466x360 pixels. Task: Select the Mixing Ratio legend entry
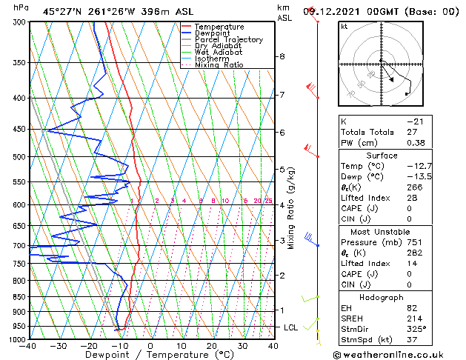coord(219,65)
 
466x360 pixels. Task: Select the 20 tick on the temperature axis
coord(212,346)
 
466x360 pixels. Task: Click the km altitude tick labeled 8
coord(282,56)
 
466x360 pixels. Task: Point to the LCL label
coord(292,327)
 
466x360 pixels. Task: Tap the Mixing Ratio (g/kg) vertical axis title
coord(291,208)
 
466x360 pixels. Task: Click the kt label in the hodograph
coord(344,26)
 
